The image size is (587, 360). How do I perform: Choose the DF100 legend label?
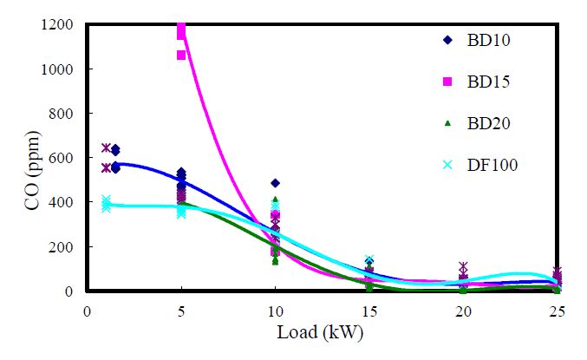[494, 165]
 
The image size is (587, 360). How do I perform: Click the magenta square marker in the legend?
[447, 82]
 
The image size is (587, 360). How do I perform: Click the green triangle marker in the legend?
[447, 123]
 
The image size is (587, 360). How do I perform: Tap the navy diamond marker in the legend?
[447, 39]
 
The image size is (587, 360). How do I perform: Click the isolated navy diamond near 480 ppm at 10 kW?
[275, 183]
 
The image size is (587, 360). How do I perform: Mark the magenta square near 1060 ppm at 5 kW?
[181, 56]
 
